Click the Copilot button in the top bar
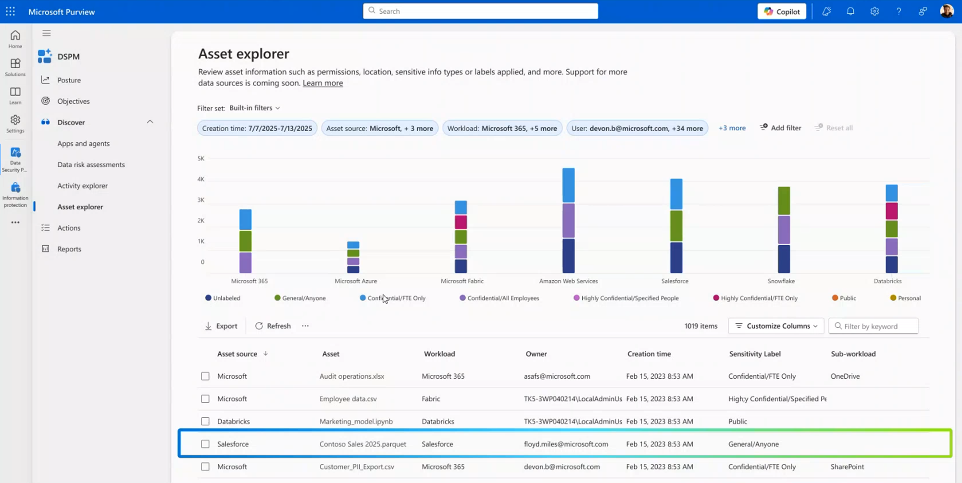click(782, 12)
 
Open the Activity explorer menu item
click(82, 186)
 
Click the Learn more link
click(323, 83)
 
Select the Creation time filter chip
click(257, 128)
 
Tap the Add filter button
click(780, 128)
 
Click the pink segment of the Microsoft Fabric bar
click(461, 222)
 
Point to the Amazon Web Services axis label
click(568, 281)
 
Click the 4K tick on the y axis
click(201, 179)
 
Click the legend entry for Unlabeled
click(223, 298)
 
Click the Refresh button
click(273, 326)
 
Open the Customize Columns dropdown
click(775, 326)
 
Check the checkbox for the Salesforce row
click(205, 444)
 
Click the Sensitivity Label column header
click(754, 354)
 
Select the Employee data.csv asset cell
click(348, 399)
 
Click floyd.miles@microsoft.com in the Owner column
click(566, 444)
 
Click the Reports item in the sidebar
click(69, 249)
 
